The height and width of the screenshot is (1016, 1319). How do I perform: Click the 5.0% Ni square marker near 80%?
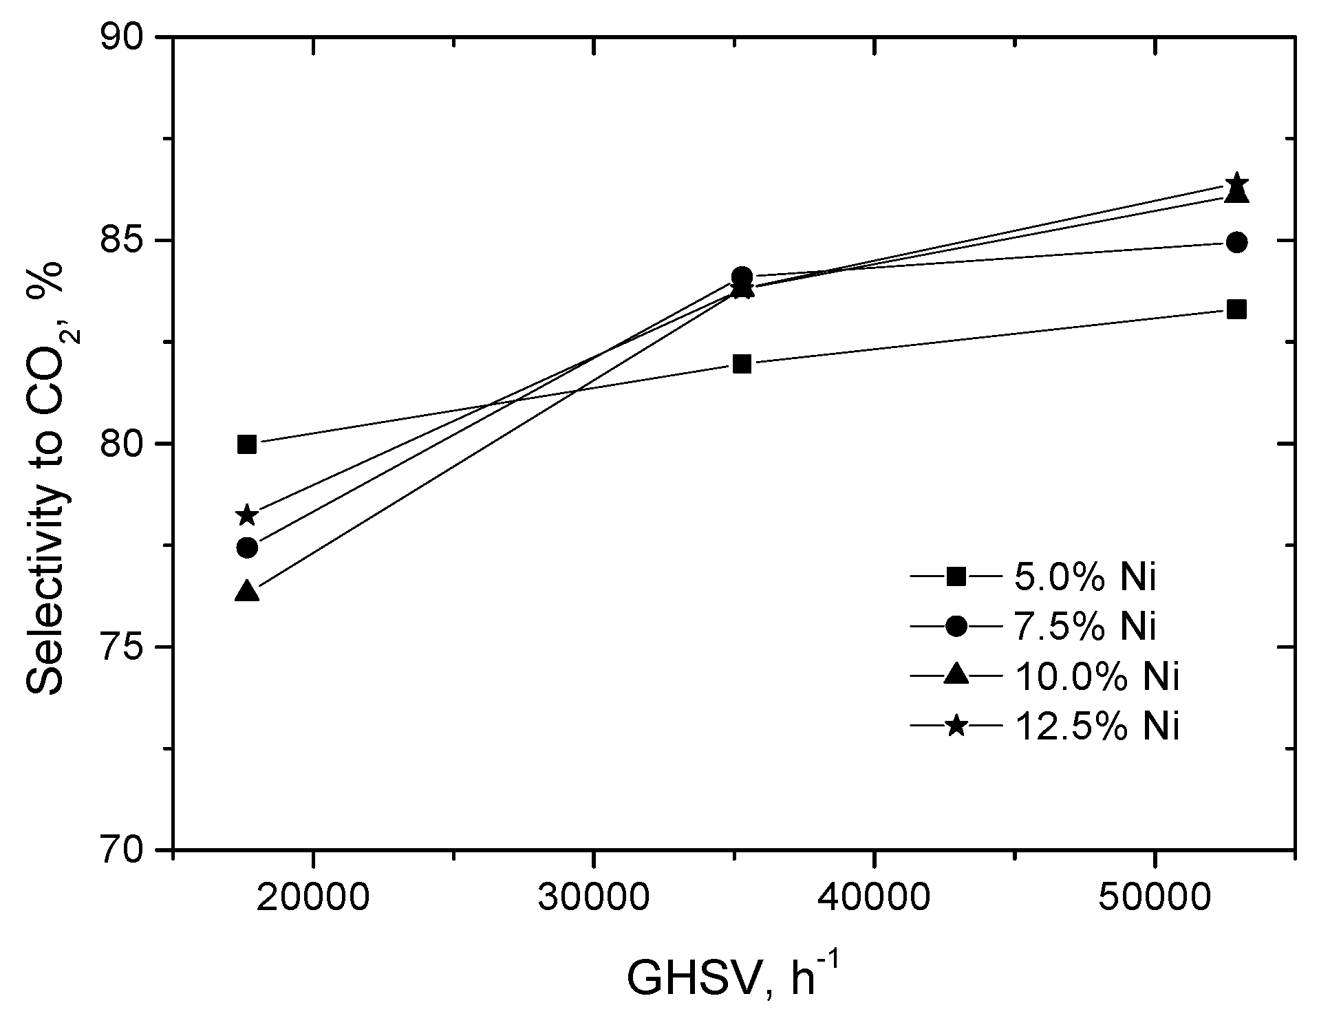(247, 444)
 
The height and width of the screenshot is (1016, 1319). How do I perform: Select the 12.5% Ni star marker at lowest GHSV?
(247, 515)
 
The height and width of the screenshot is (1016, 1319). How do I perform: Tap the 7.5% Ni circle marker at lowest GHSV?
(247, 548)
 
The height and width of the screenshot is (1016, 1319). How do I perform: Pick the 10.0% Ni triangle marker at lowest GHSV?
(247, 592)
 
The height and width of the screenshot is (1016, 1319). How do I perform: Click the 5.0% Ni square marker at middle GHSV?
(742, 364)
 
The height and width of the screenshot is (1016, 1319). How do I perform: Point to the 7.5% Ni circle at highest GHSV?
(1236, 242)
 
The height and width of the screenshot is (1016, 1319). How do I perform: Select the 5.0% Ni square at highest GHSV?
(1236, 310)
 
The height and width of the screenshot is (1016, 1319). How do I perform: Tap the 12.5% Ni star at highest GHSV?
(1236, 183)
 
